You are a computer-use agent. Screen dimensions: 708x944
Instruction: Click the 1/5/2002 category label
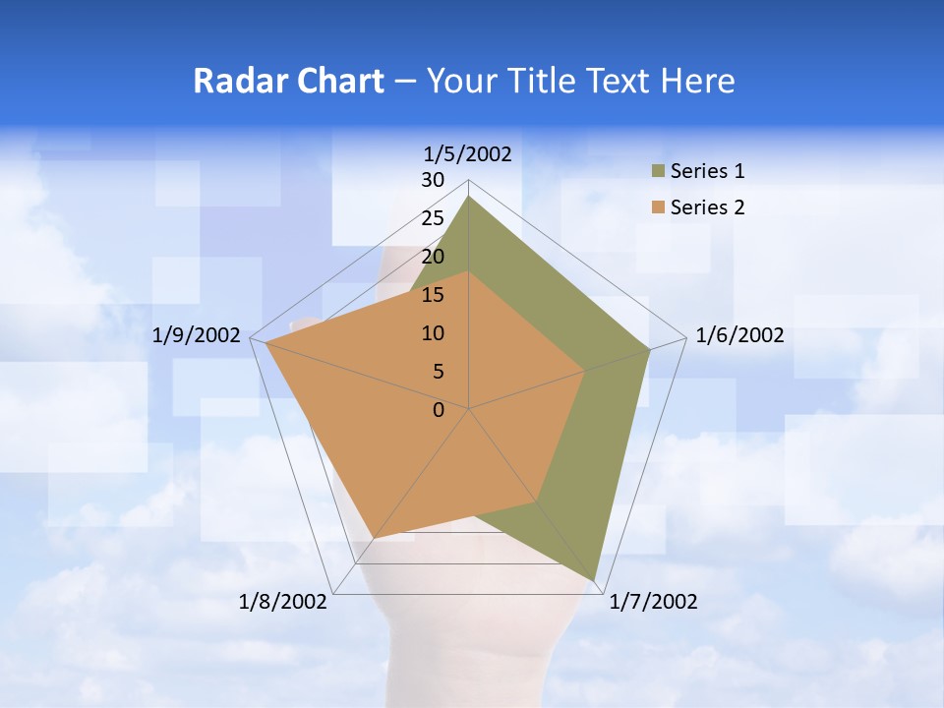[x=468, y=153]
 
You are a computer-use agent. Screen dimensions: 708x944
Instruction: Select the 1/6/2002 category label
[x=739, y=335]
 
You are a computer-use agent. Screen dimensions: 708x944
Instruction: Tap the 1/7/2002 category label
[x=653, y=602]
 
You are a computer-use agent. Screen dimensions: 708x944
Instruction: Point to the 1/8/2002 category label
[x=283, y=602]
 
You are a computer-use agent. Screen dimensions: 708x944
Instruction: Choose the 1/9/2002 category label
[x=197, y=335]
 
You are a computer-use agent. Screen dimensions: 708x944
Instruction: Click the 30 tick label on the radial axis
[x=433, y=180]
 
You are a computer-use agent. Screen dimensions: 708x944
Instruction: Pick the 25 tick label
[x=433, y=218]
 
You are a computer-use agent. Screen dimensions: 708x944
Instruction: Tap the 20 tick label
[x=433, y=257]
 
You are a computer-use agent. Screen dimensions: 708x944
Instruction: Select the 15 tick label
[x=433, y=295]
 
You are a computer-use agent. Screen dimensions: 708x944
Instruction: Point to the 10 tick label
[x=433, y=333]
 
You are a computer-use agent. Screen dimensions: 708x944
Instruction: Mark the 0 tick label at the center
[x=439, y=410]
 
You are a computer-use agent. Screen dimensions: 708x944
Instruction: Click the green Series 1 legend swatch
[x=658, y=172]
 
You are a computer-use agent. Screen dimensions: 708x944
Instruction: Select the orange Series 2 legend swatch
[x=658, y=207]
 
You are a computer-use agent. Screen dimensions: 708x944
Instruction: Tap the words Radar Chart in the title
[x=288, y=81]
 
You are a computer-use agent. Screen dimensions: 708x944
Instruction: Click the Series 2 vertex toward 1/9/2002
[x=266, y=343]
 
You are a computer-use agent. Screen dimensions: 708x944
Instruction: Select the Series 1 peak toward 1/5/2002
[x=469, y=197]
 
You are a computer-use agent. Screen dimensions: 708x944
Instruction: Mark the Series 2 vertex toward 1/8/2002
[x=374, y=539]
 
